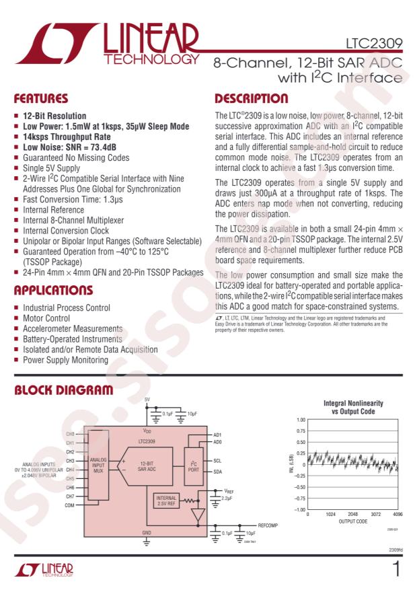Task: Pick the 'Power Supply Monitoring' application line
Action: [x=65, y=360]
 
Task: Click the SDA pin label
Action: [x=217, y=471]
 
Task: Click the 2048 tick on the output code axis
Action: [x=353, y=514]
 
